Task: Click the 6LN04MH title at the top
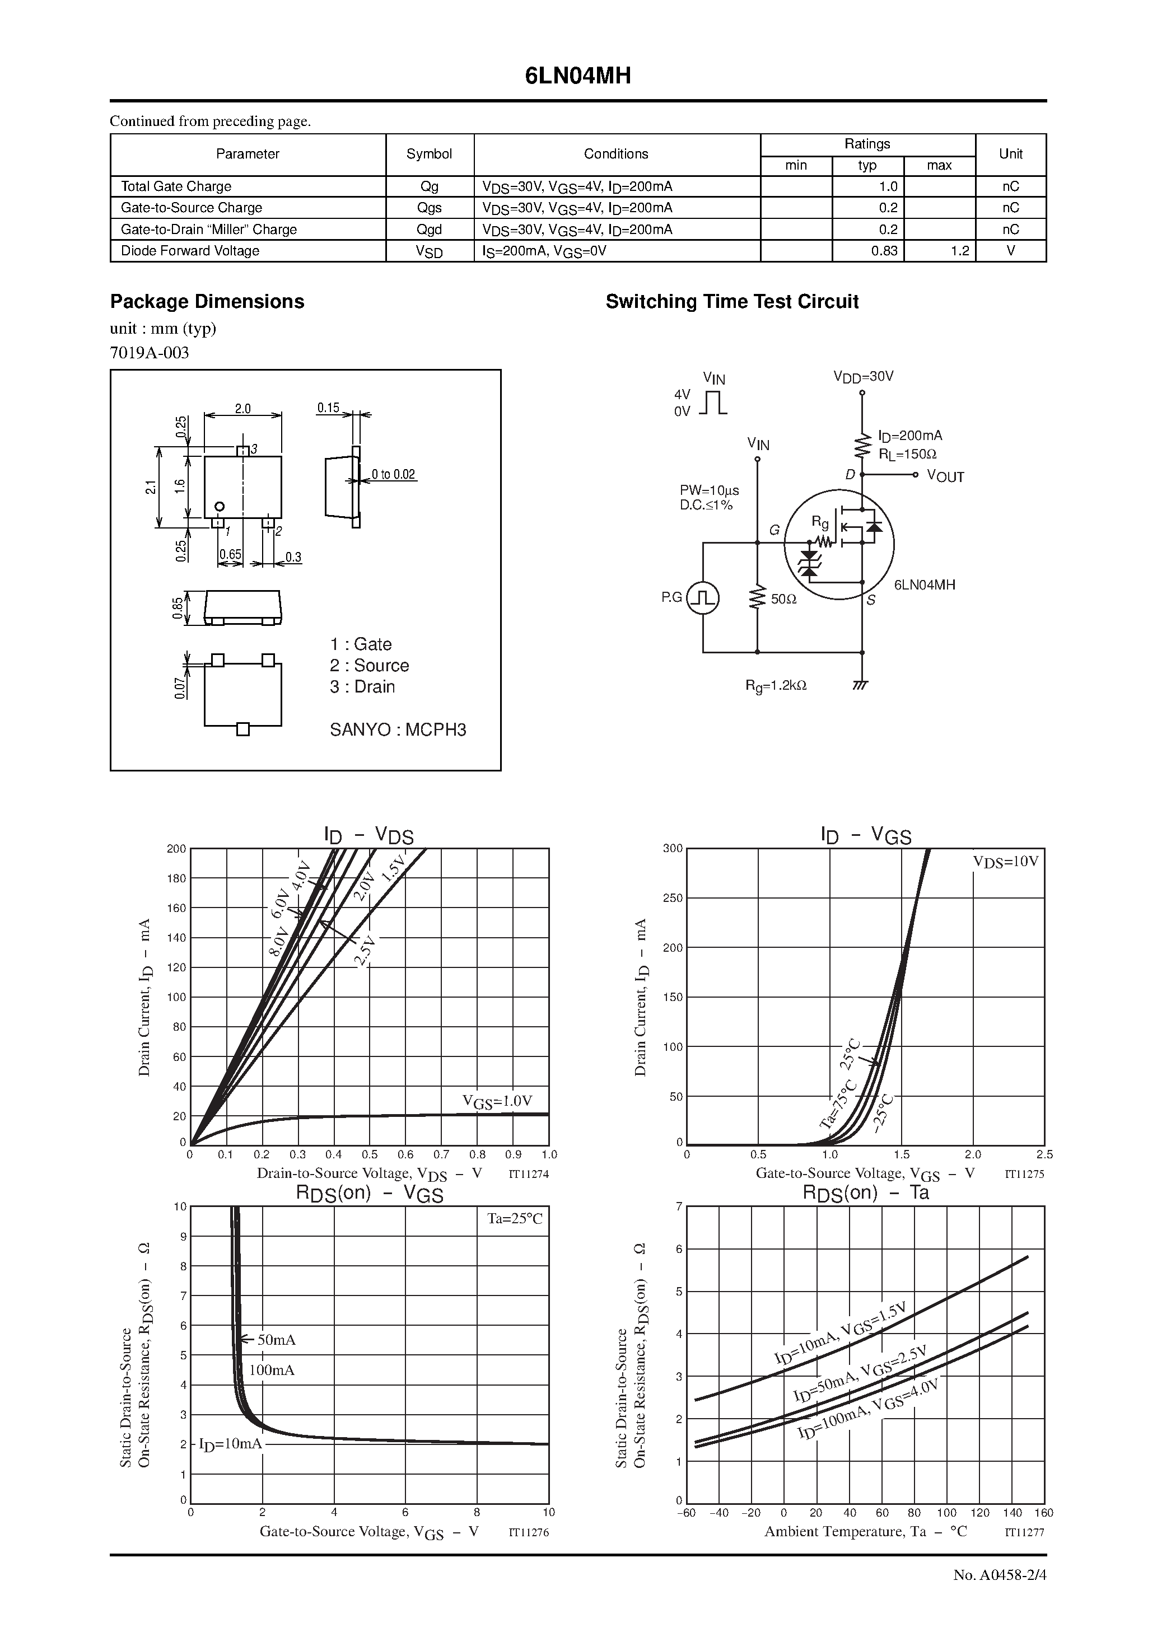[x=578, y=76]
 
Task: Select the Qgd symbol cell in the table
[x=430, y=230]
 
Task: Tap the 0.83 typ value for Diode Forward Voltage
[x=884, y=251]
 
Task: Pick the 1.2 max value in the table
[x=960, y=251]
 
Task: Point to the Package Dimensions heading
[x=207, y=302]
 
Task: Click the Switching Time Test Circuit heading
[x=732, y=302]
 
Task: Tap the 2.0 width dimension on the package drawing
[x=242, y=409]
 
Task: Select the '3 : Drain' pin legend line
[x=362, y=686]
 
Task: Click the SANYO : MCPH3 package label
[x=398, y=729]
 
